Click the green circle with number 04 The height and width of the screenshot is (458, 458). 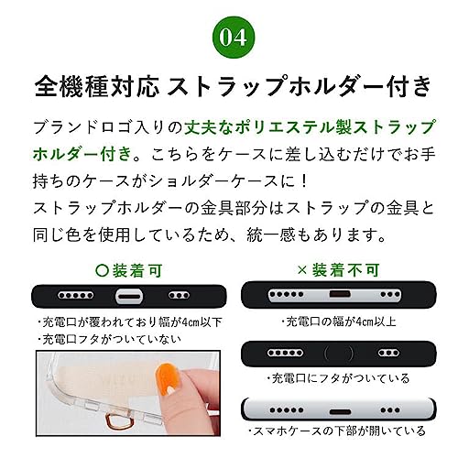tap(229, 37)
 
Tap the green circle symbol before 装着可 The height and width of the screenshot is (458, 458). tap(101, 271)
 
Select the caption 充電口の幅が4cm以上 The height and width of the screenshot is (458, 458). tap(331, 322)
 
